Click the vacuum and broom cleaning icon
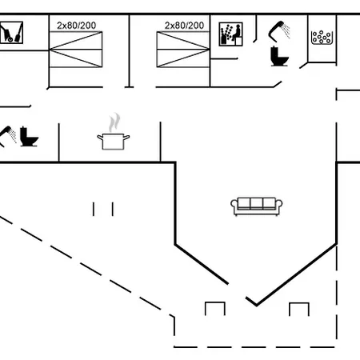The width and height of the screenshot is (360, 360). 11,33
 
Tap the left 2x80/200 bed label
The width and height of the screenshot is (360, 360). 77,26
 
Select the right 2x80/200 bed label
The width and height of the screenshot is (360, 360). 184,26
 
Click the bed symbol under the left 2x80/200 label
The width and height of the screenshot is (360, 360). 76,50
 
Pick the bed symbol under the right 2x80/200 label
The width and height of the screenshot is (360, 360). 183,50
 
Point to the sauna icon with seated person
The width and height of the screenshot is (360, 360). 231,34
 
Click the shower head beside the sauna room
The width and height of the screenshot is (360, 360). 279,31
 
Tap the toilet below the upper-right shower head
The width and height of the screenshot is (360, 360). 279,56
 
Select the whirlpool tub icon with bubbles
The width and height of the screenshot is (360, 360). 322,38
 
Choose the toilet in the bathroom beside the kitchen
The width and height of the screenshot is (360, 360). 29,137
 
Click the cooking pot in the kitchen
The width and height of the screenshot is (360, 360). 114,142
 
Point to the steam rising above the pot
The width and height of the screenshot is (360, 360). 114,122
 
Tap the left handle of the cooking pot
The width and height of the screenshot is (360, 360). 100,138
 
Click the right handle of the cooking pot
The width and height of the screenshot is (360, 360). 126,138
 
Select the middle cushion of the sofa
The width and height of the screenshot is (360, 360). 257,203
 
